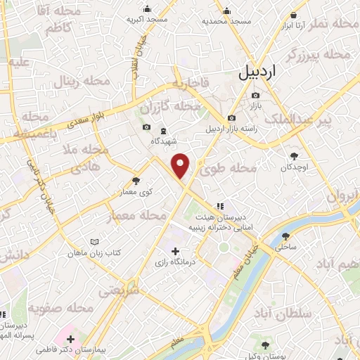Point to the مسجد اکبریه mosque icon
tap(147, 9)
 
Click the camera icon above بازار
tap(255, 94)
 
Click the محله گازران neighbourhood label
tap(166, 107)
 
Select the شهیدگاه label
tap(162, 141)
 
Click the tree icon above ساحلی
tap(285, 236)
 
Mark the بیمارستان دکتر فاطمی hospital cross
tap(70, 340)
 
